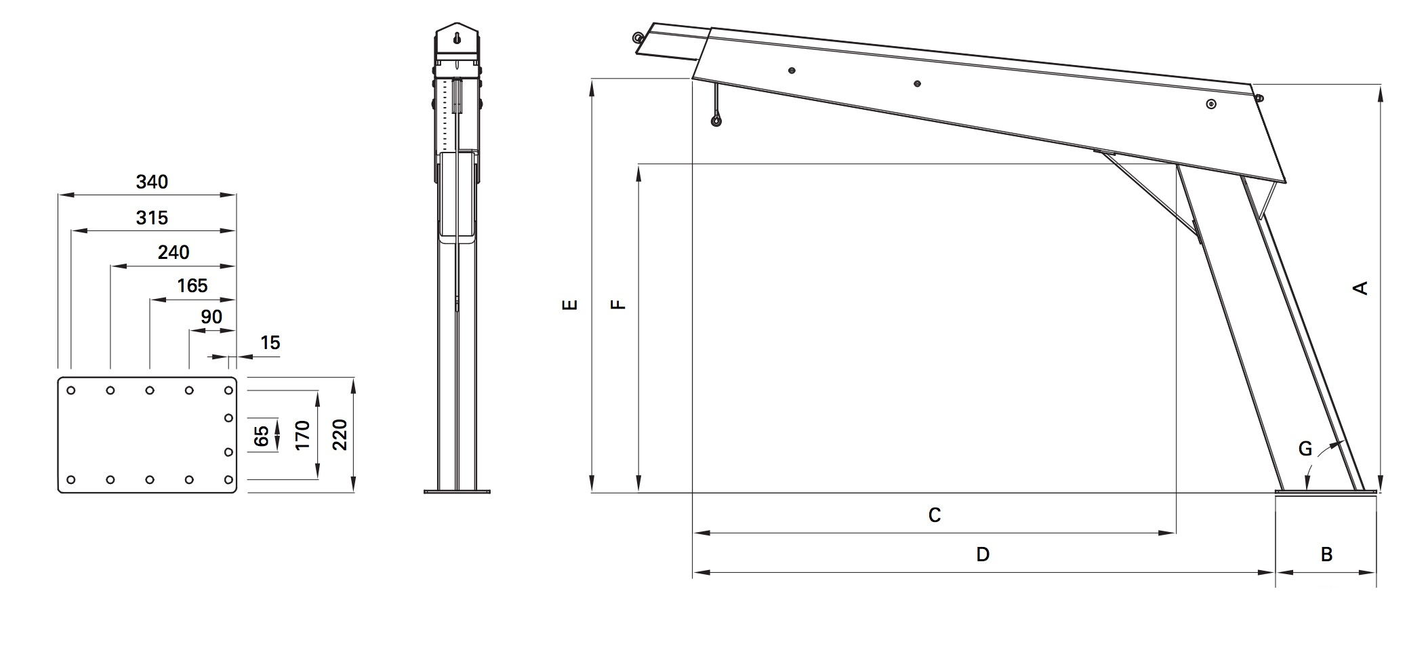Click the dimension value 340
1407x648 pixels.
click(152, 182)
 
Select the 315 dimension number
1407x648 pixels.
click(152, 218)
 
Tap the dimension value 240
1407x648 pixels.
click(174, 252)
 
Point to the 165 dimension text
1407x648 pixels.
click(192, 285)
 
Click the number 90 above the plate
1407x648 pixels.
click(211, 317)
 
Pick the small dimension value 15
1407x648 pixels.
click(270, 343)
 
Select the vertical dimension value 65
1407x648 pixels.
click(261, 435)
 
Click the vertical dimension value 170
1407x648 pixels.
click(302, 435)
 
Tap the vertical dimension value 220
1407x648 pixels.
click(340, 434)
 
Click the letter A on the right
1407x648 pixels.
click(1360, 288)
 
